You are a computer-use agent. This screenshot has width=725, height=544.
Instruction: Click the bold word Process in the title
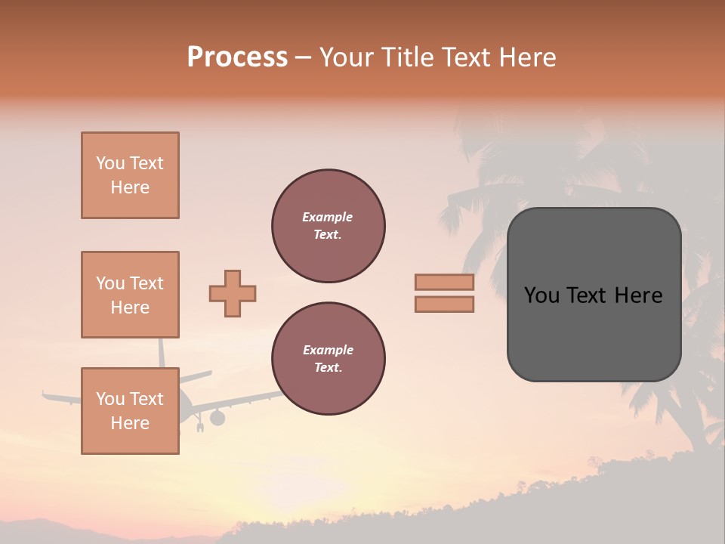point(237,57)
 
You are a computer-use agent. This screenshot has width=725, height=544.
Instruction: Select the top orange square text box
point(130,175)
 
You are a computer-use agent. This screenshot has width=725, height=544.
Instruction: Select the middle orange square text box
point(130,295)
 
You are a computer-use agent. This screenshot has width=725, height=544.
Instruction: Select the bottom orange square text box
point(130,410)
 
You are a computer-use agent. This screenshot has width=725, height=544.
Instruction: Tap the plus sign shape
point(233,293)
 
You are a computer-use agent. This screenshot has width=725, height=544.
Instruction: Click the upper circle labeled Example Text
point(328,226)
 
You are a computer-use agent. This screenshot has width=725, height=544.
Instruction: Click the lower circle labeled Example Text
point(328,358)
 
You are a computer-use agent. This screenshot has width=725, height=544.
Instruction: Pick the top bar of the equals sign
point(444,282)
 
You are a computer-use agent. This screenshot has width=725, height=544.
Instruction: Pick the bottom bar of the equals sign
point(444,304)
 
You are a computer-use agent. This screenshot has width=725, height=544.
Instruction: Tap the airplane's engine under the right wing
point(217,417)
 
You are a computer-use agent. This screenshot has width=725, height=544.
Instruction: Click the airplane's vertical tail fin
point(161,352)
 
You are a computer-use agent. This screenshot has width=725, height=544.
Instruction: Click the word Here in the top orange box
point(130,187)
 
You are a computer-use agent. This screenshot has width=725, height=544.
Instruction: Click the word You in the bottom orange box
point(110,398)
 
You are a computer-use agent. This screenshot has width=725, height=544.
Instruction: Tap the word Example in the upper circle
point(328,217)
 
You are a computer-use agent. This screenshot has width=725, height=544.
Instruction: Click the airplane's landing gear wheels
point(200,428)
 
